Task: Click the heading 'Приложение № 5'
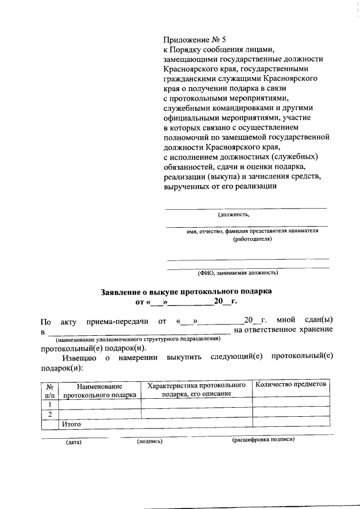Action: [x=194, y=39]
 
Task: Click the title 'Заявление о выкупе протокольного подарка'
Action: [x=186, y=292]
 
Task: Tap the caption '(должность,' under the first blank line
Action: [x=233, y=214]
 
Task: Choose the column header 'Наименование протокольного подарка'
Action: [x=100, y=390]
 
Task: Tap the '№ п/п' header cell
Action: [x=49, y=390]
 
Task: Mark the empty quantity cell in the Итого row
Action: [x=290, y=422]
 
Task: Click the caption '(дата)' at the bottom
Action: [x=73, y=442]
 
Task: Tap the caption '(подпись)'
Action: [x=150, y=442]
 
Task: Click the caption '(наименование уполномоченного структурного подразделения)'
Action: [x=137, y=340]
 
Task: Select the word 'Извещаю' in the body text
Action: [x=80, y=358]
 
